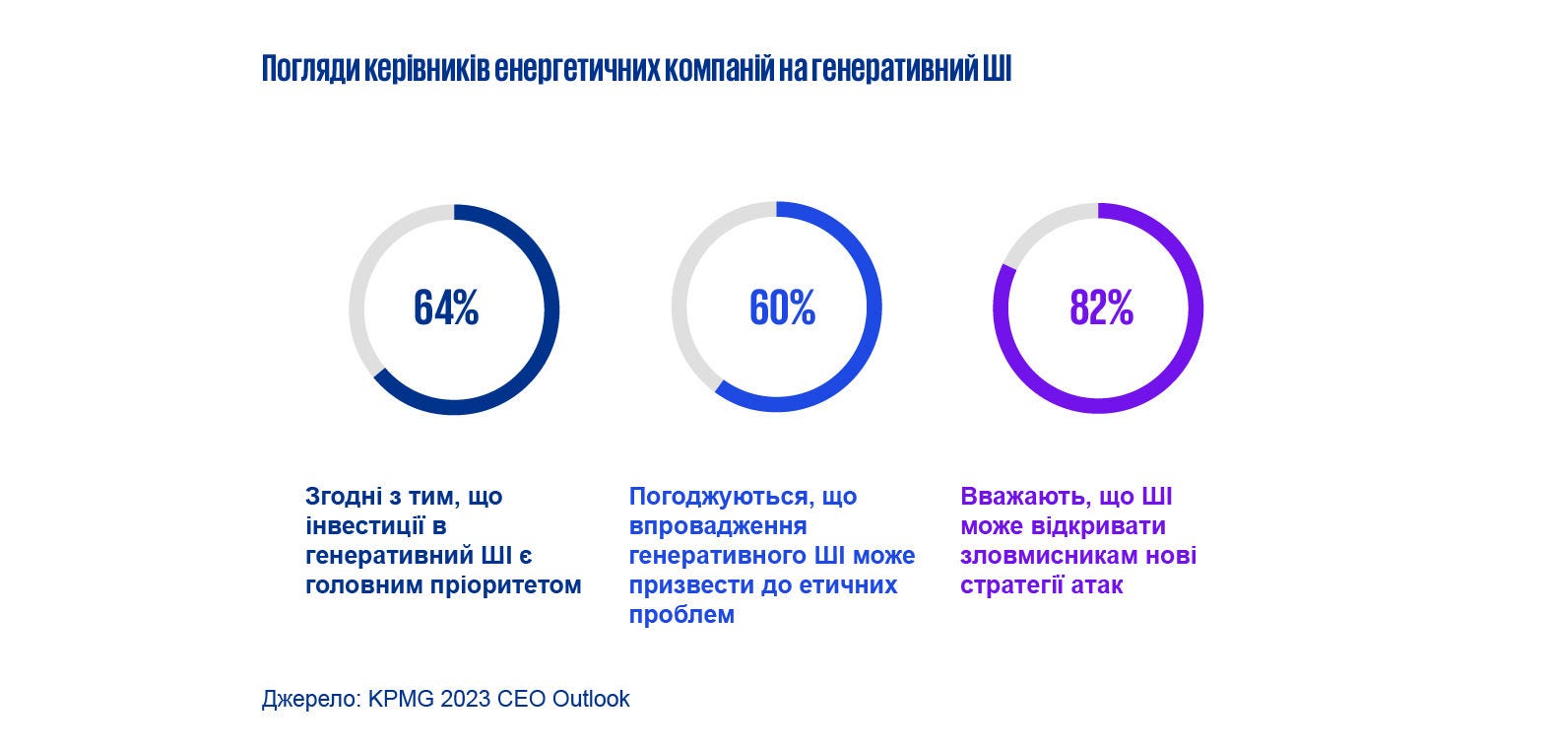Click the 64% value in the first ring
point(446,308)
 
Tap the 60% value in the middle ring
point(782,308)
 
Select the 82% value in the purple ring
point(1101,308)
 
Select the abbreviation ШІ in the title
point(997,70)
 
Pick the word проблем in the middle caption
point(681,615)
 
